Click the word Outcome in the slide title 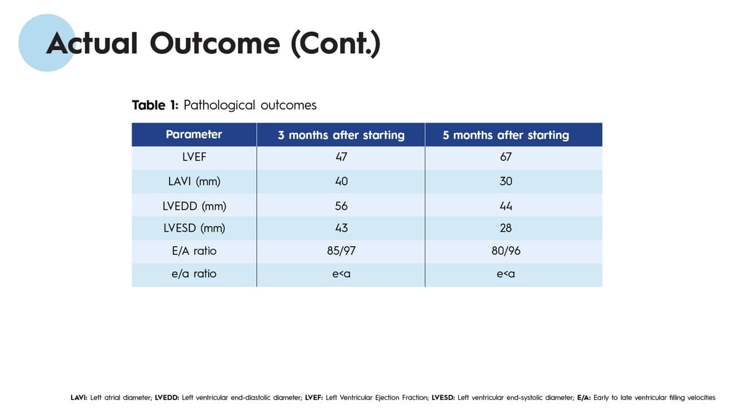pyautogui.click(x=215, y=43)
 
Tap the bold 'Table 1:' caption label pyautogui.click(x=155, y=105)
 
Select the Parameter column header pyautogui.click(x=194, y=134)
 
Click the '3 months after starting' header pyautogui.click(x=341, y=135)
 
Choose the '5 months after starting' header pyautogui.click(x=506, y=135)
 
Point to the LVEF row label pyautogui.click(x=194, y=157)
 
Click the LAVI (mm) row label pyautogui.click(x=194, y=181)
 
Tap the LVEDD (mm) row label pyautogui.click(x=194, y=206)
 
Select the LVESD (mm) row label pyautogui.click(x=194, y=228)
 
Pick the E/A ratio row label pyautogui.click(x=194, y=251)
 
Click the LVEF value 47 pyautogui.click(x=341, y=157)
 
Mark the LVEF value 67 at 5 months pyautogui.click(x=506, y=157)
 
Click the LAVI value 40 pyautogui.click(x=341, y=181)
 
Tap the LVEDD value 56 pyautogui.click(x=341, y=206)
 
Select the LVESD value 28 pyautogui.click(x=506, y=228)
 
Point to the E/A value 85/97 pyautogui.click(x=341, y=251)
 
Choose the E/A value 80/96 pyautogui.click(x=506, y=251)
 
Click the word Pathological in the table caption pyautogui.click(x=219, y=106)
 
